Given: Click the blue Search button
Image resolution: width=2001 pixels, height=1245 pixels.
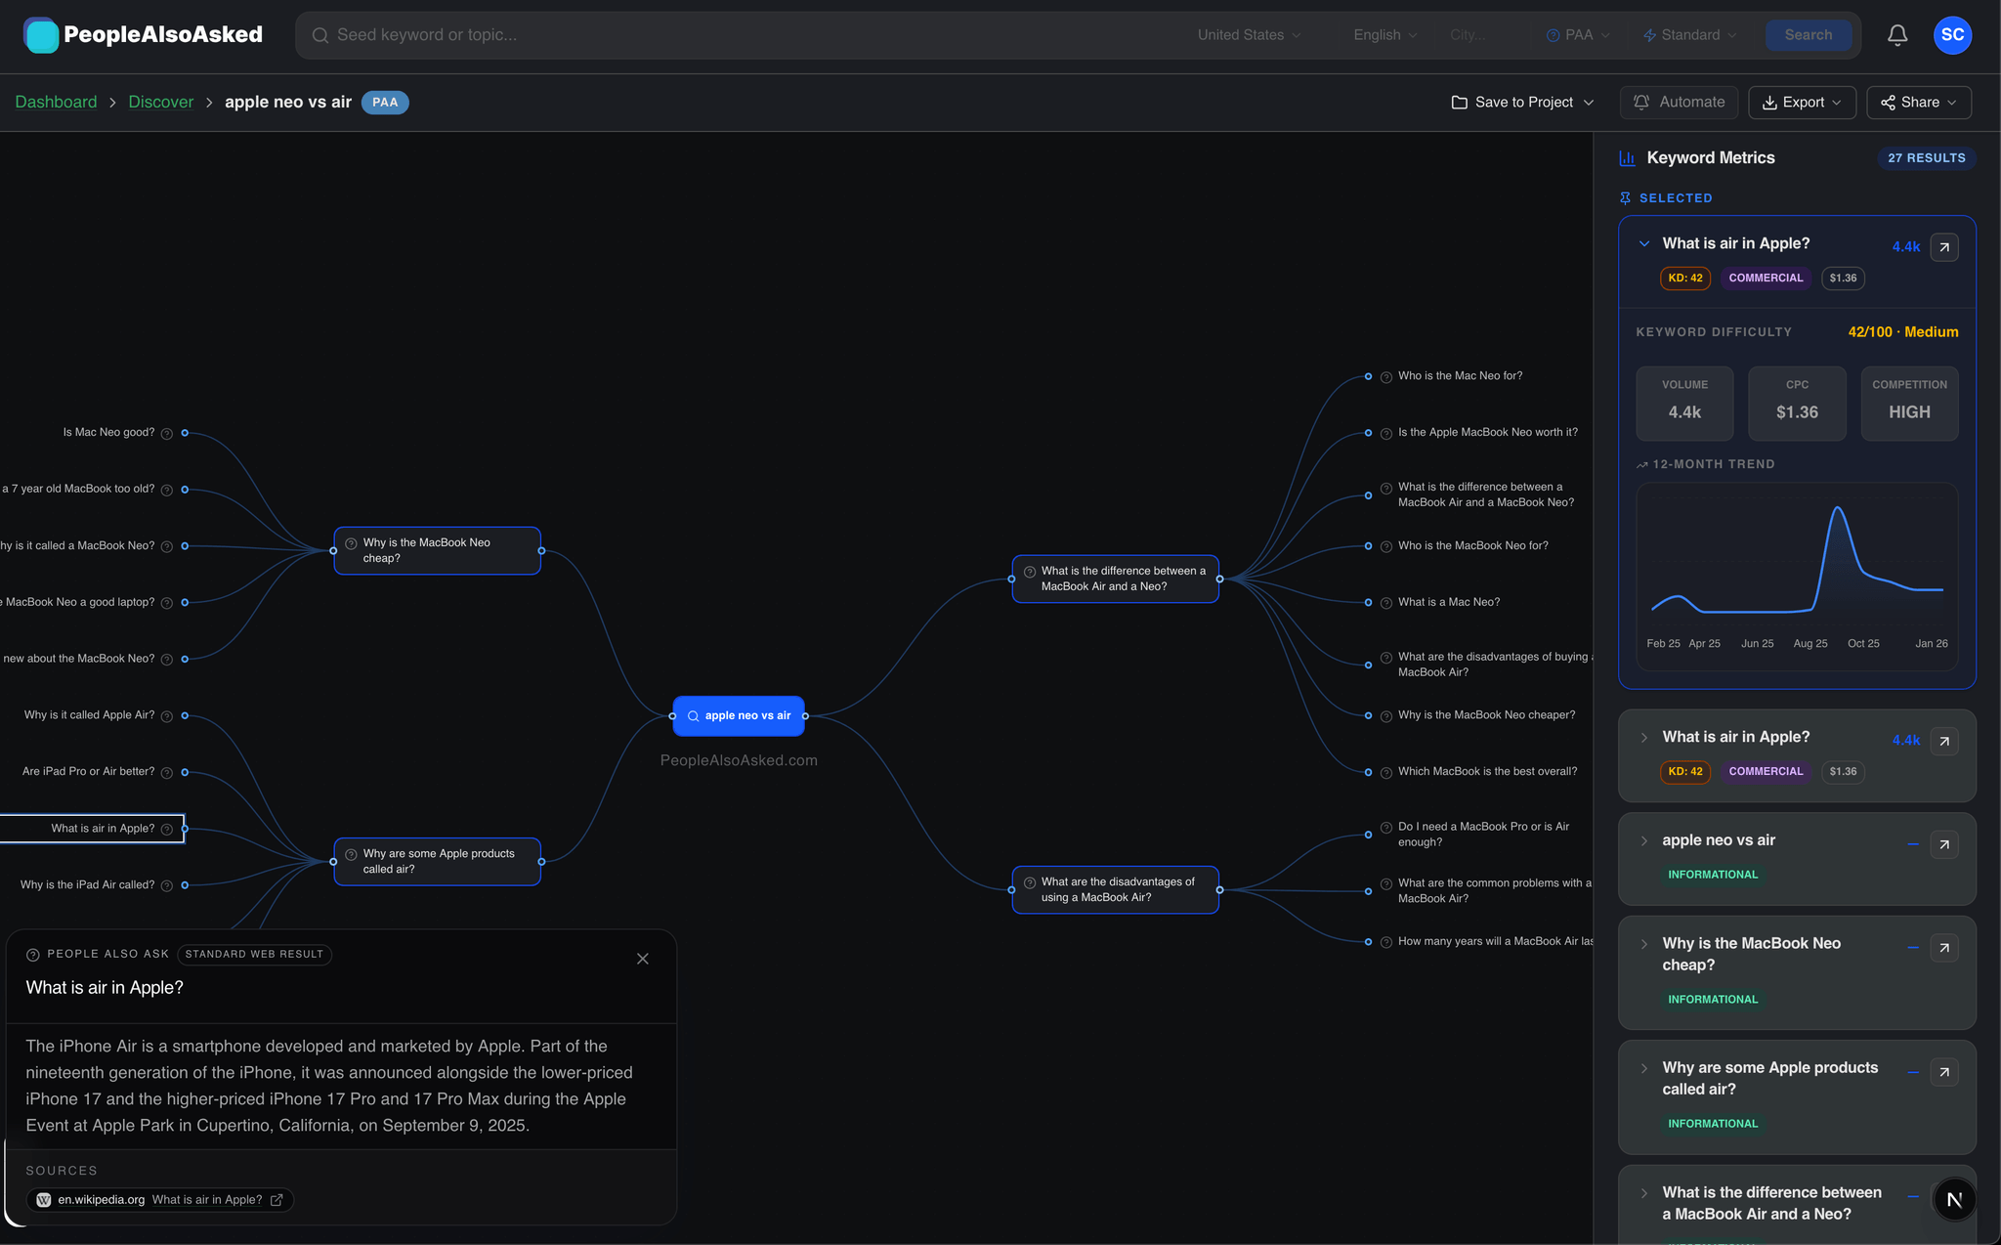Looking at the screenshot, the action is (1808, 35).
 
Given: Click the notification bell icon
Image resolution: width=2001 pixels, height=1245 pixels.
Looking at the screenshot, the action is (1897, 35).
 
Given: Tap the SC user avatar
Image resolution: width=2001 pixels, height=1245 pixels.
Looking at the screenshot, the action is (1952, 35).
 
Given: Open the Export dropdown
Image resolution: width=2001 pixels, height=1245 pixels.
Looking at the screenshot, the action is (1802, 103).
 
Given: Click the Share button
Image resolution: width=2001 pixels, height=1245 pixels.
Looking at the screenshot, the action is (1919, 103).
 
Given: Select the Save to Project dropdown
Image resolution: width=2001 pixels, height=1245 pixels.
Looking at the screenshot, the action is (1523, 103).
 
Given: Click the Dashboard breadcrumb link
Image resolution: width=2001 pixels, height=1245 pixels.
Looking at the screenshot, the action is (56, 103).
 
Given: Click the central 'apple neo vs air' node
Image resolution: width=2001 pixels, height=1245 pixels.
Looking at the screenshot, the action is (739, 716).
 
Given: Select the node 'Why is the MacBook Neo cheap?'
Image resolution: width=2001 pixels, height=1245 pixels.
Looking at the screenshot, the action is (438, 551).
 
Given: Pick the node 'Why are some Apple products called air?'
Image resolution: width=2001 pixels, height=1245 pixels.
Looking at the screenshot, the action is (438, 862).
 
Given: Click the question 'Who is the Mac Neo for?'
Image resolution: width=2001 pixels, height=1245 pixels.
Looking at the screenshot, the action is (1460, 376).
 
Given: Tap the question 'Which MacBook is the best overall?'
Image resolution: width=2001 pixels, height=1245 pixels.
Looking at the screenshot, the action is (1487, 772).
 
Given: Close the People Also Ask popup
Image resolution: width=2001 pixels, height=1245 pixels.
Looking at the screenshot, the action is (643, 959).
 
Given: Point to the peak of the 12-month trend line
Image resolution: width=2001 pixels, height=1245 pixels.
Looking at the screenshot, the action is (1838, 507).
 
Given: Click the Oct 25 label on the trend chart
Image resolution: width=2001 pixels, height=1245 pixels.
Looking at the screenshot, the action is (1863, 644).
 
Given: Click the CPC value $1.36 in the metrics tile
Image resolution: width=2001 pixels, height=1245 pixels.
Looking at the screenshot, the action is (1797, 412).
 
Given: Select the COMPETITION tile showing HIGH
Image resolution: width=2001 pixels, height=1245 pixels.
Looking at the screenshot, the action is (1909, 404).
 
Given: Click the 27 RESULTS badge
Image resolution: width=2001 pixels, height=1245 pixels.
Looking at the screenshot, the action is (1927, 158).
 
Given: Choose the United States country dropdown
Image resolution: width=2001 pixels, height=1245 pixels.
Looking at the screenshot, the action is (1249, 35).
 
